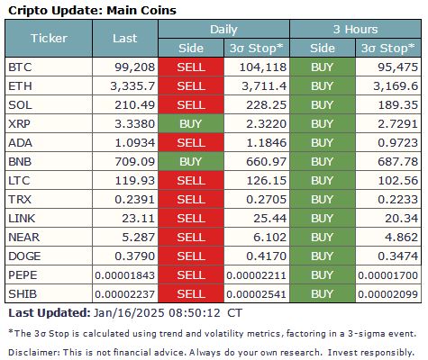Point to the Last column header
(x=125, y=39)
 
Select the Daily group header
(x=223, y=30)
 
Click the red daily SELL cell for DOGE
(x=190, y=256)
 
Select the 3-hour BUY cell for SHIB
(x=322, y=294)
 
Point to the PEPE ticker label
(x=23, y=275)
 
